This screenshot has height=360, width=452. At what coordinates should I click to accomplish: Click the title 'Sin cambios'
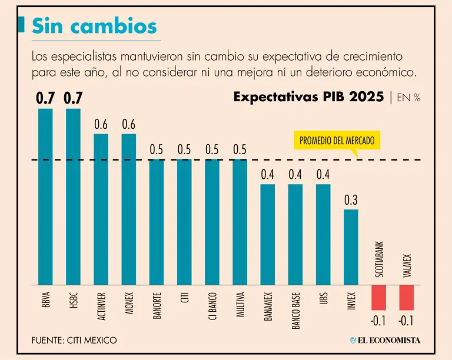click(94, 25)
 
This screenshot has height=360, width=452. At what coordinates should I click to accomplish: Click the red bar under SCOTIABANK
click(378, 298)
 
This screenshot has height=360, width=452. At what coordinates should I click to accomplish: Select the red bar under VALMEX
click(407, 298)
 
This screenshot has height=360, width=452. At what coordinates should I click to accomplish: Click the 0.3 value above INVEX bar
click(351, 200)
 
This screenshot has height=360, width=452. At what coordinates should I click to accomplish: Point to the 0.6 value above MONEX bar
click(129, 125)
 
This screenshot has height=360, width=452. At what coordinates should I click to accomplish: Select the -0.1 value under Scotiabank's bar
click(378, 321)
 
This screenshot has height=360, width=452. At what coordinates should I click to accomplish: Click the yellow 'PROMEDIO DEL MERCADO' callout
click(337, 141)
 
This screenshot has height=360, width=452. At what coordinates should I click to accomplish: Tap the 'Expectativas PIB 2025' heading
click(308, 97)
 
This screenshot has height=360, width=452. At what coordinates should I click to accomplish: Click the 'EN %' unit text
click(408, 98)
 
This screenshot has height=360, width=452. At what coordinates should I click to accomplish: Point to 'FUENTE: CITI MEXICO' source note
click(75, 341)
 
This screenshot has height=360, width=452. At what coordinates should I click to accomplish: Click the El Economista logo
click(385, 341)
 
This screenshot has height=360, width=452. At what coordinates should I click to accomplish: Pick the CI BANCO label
click(212, 305)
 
